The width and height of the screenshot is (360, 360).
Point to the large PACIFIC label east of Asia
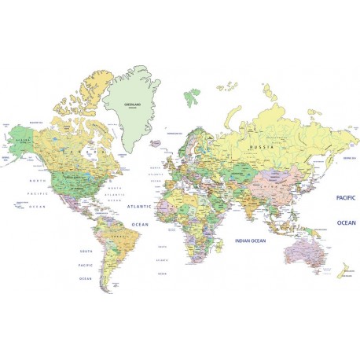point(346,197)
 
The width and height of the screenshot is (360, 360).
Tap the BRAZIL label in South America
point(119,235)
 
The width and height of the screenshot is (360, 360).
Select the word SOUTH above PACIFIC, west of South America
point(86,252)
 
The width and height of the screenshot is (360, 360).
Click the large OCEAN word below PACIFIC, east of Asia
point(346,222)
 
